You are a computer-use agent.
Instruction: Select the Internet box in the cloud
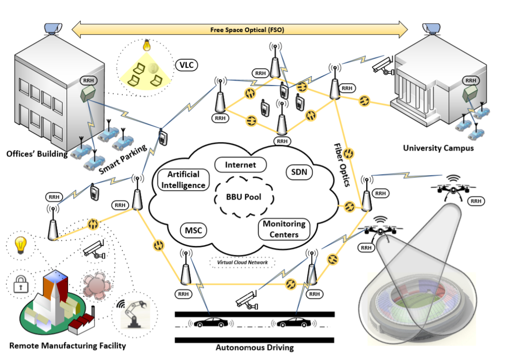[240, 165]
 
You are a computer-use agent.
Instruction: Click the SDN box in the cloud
[299, 171]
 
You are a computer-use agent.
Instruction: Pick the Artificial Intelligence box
[183, 179]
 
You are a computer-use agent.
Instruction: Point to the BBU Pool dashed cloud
[243, 197]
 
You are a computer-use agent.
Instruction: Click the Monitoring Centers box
[284, 229]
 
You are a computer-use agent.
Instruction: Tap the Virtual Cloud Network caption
[242, 262]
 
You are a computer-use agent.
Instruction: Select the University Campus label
[438, 147]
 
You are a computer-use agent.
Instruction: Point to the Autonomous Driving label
[255, 347]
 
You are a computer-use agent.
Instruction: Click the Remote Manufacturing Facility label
[67, 346]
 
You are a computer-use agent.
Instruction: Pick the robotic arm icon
[134, 312]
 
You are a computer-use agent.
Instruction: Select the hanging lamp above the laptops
[146, 45]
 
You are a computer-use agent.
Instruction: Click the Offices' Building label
[37, 154]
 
